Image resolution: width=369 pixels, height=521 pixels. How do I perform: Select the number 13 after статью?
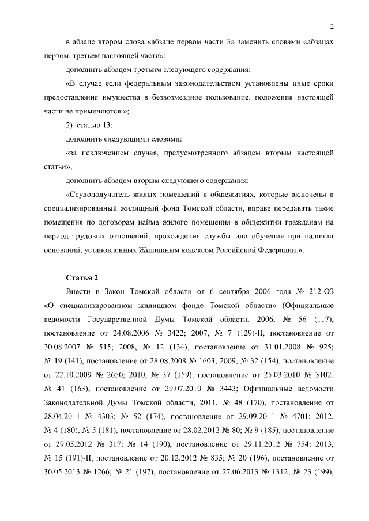[114, 126]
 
